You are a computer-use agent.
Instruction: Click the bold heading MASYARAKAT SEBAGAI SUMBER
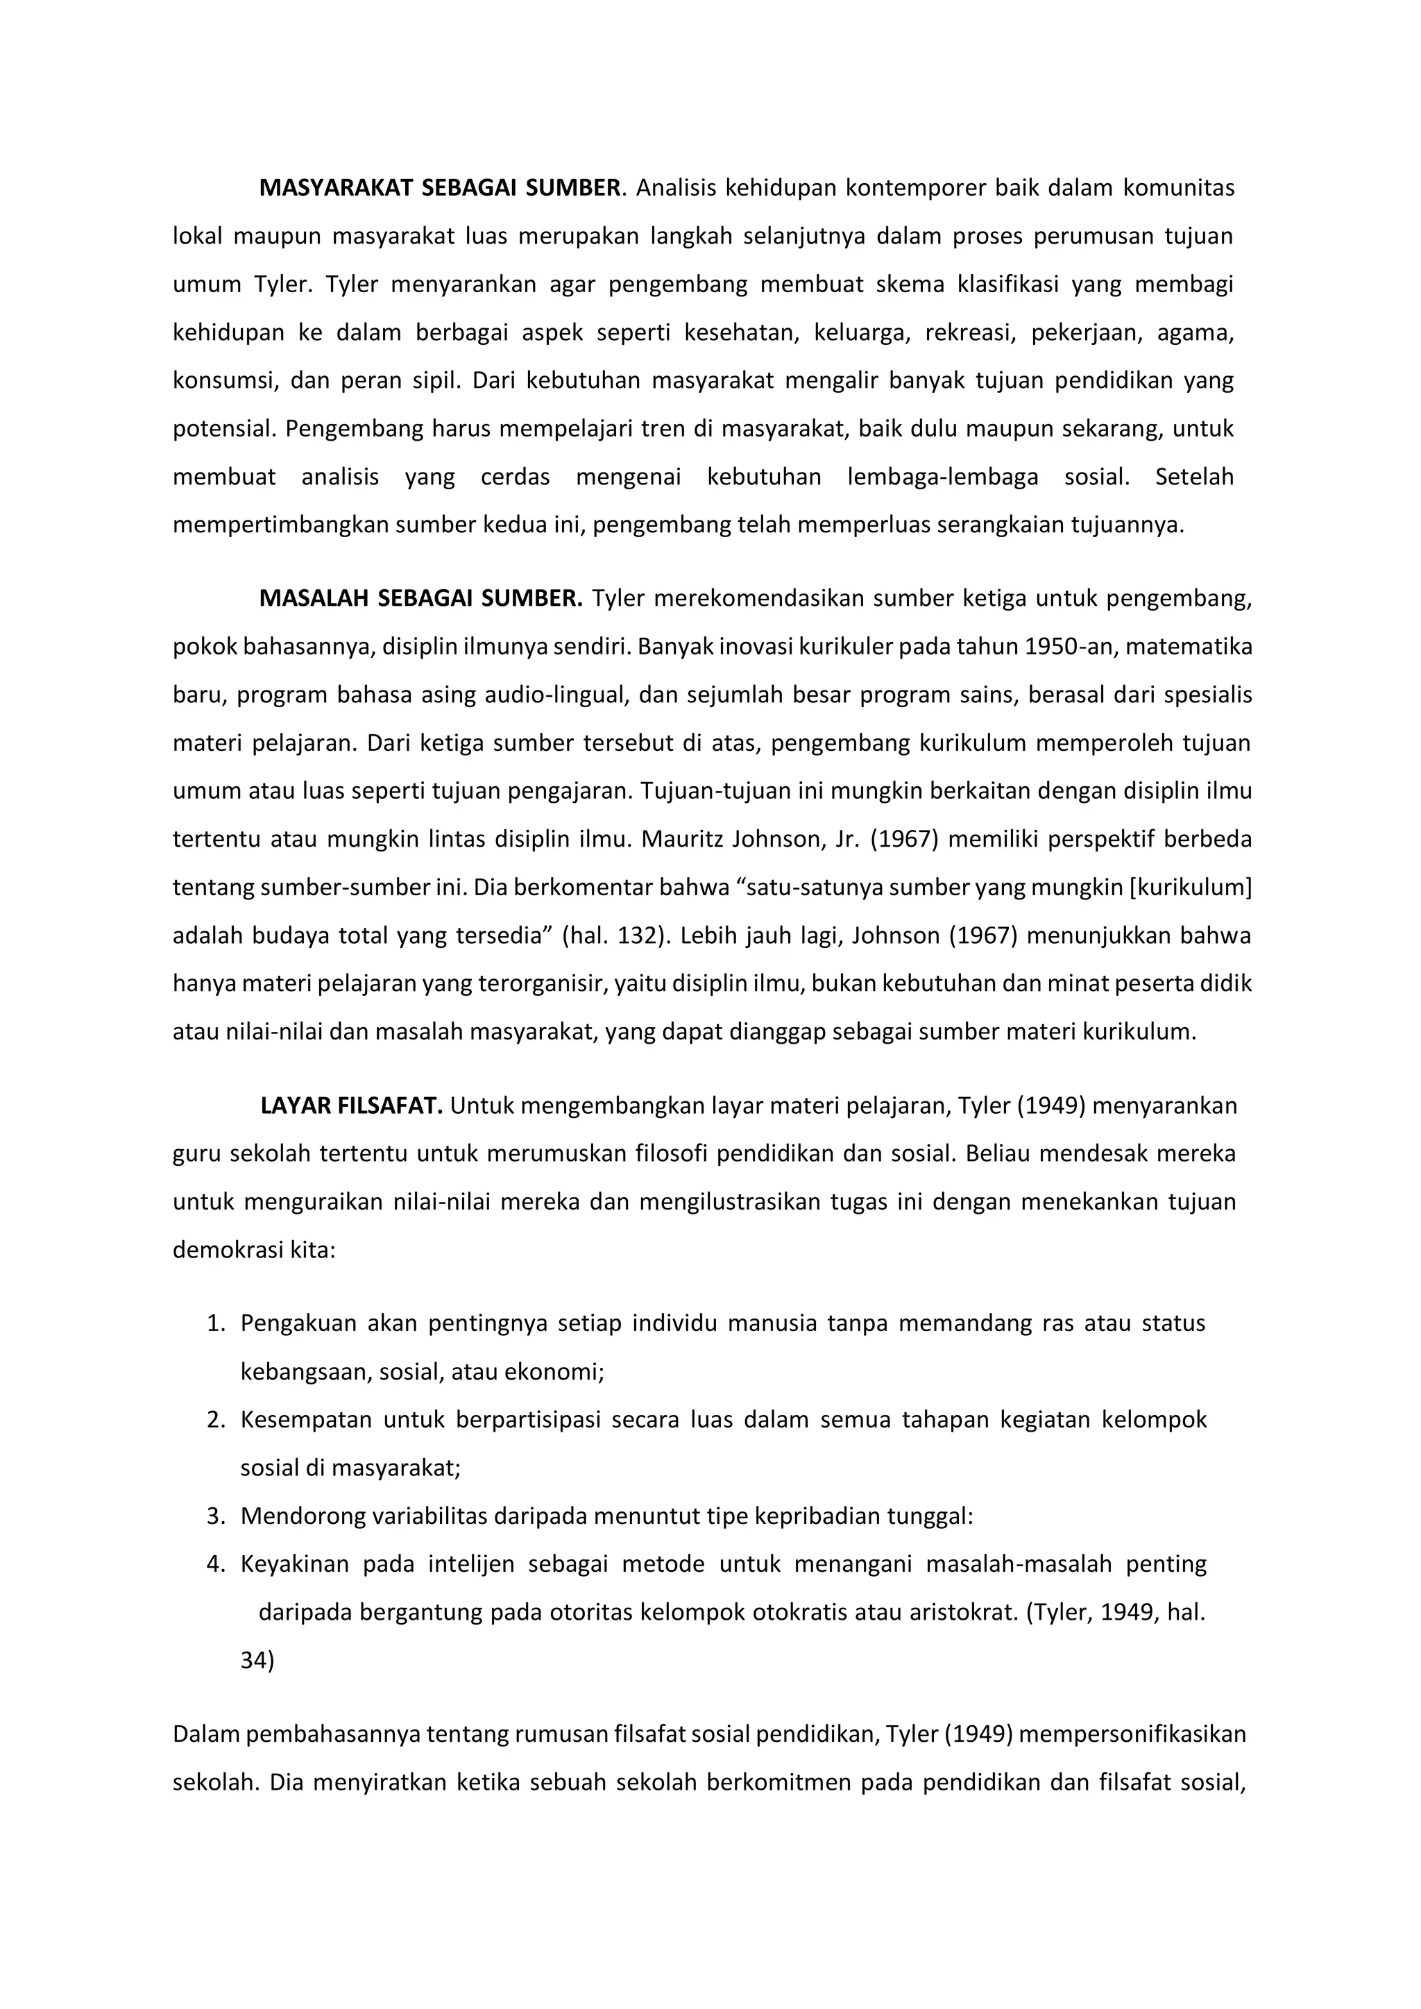440,188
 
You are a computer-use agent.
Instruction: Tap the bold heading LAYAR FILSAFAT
352,1106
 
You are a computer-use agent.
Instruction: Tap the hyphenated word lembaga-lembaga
942,477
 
